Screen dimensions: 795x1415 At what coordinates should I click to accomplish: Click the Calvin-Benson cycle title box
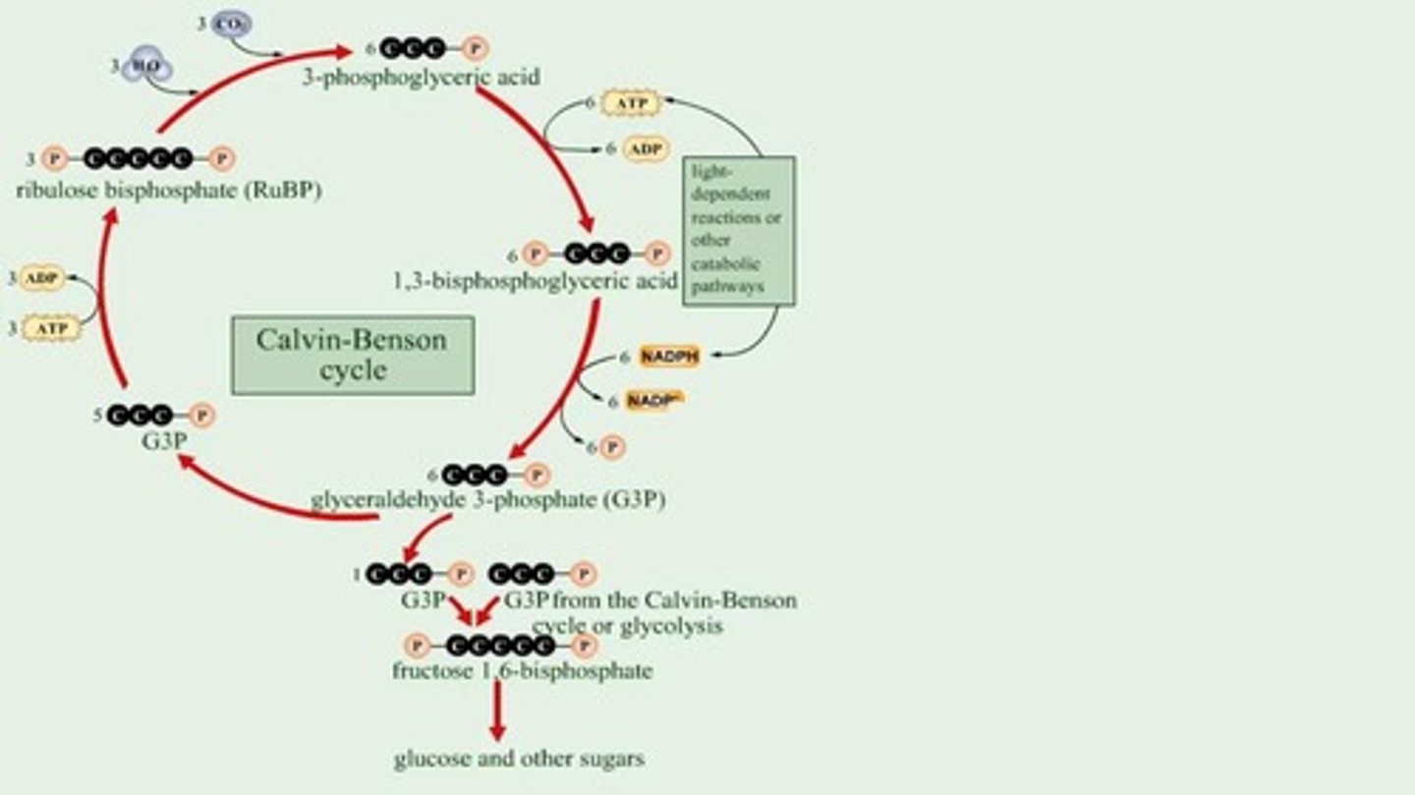[352, 355]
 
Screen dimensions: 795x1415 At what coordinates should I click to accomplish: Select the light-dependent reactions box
[738, 231]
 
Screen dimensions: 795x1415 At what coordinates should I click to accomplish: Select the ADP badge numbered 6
[646, 149]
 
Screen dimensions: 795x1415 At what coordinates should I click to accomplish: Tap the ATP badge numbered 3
[50, 328]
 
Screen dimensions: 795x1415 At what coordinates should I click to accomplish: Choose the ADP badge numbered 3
[41, 278]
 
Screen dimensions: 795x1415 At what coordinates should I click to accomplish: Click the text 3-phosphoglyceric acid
[421, 77]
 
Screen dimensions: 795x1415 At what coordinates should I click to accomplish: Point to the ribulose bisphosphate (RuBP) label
[169, 190]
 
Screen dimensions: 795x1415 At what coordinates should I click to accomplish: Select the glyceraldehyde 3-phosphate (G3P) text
[488, 500]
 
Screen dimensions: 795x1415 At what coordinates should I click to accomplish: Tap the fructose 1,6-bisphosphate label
[521, 671]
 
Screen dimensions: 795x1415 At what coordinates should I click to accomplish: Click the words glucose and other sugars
[520, 759]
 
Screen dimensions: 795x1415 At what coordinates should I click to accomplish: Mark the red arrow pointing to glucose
[497, 711]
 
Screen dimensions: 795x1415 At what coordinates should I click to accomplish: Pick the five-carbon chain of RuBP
[138, 157]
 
